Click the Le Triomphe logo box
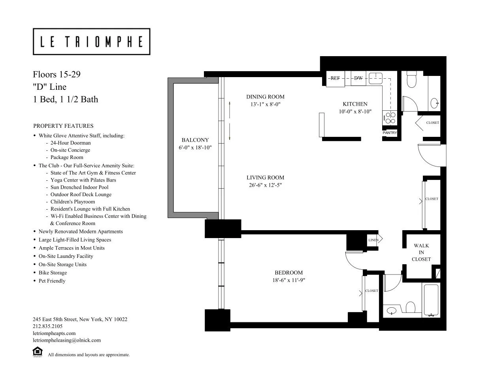[91, 42]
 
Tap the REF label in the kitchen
[335, 78]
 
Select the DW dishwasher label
[358, 78]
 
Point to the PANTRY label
[390, 133]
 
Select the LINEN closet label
[373, 240]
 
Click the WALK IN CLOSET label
[421, 252]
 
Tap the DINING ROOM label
[265, 97]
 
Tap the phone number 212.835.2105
[47, 326]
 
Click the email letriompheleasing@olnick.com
[67, 340]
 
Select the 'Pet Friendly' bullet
[52, 281]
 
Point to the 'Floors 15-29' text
[57, 74]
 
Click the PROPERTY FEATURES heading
[63, 126]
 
